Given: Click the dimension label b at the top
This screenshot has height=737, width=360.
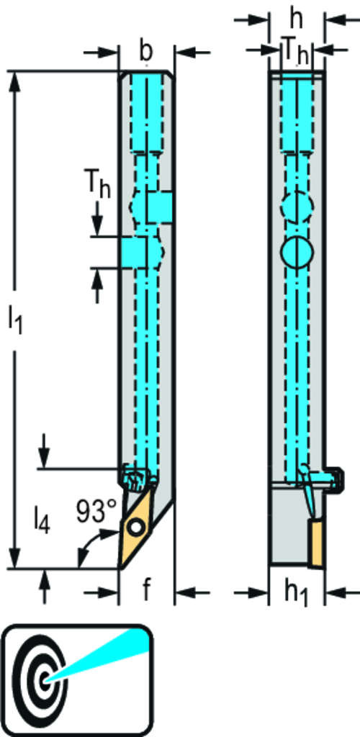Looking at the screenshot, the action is point(145,53).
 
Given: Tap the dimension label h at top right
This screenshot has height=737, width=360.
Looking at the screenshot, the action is point(297,19).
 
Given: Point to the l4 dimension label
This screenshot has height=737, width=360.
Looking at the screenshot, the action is point(42,521).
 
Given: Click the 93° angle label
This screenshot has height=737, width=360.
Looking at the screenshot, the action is point(96,512).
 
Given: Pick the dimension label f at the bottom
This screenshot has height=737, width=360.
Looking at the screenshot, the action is point(146,590).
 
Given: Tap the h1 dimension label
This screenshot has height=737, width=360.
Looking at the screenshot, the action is point(297,594).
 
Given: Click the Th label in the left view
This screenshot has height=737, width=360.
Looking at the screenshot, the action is point(99,186).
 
